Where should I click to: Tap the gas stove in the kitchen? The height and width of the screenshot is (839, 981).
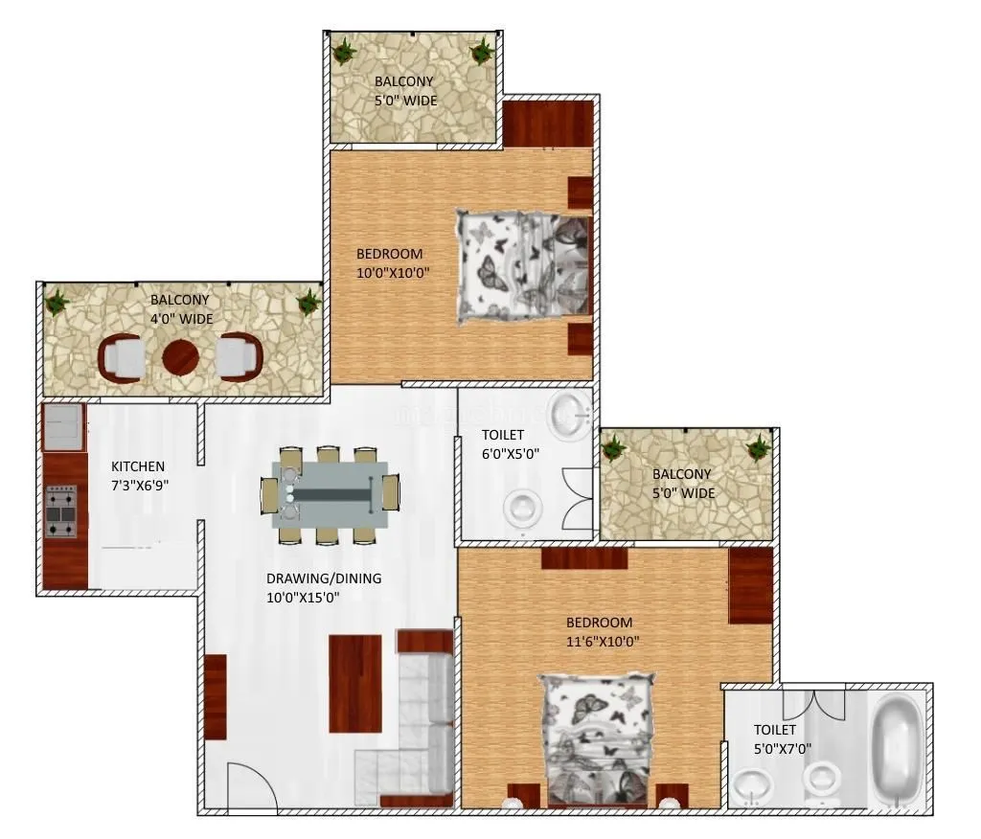point(61,511)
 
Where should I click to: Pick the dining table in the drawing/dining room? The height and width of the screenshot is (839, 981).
point(330,494)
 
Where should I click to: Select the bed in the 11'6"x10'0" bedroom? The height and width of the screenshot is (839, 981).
point(599,737)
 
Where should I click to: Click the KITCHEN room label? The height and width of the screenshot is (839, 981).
point(138,466)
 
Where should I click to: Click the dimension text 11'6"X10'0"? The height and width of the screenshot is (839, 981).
point(603,641)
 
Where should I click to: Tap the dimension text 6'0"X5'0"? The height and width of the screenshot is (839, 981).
point(511,454)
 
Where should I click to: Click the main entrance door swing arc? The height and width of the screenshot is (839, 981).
point(252,781)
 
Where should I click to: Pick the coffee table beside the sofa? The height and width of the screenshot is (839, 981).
point(355,683)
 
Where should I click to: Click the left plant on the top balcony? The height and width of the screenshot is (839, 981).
point(343,51)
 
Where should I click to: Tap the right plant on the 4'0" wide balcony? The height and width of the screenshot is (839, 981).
point(308,303)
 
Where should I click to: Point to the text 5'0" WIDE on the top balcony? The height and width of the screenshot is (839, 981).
point(405,100)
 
